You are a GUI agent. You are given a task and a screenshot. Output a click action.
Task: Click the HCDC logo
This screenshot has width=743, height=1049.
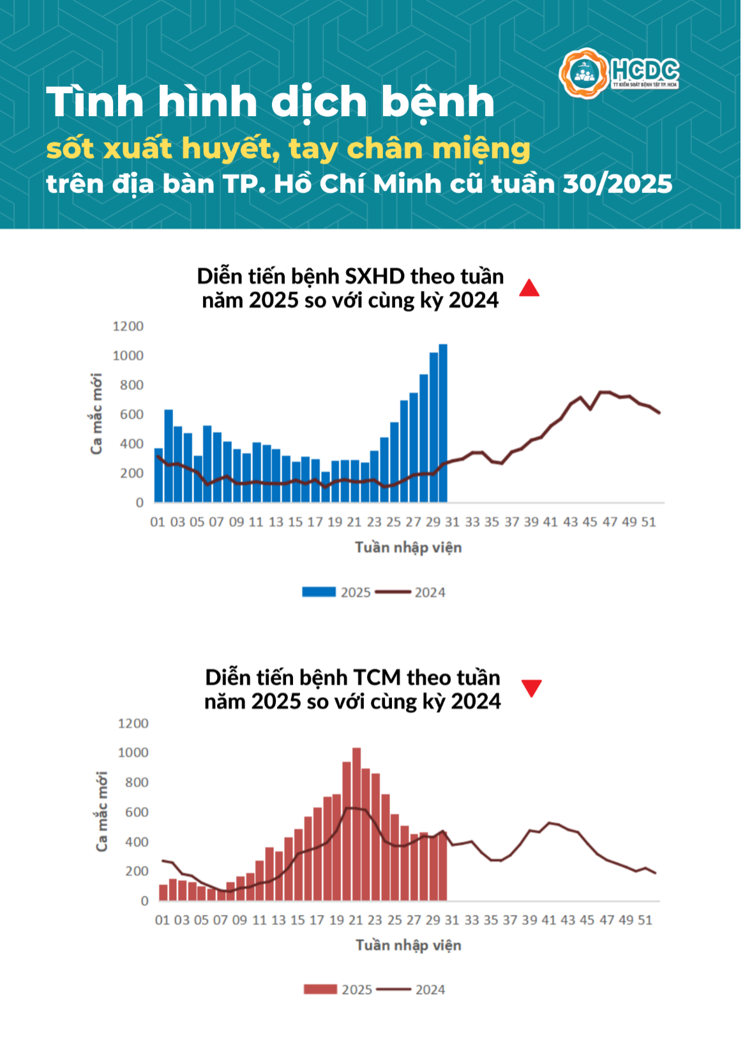[x=619, y=73]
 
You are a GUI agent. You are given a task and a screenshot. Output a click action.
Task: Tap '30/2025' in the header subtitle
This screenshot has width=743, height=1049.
[x=617, y=184]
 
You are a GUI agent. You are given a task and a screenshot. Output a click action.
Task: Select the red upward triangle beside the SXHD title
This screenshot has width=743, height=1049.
[x=529, y=289]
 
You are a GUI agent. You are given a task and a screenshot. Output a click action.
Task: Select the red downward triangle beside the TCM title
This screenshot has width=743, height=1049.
[x=531, y=688]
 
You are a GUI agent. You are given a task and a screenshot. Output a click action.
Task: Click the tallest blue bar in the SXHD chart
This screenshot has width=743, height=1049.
[x=443, y=423]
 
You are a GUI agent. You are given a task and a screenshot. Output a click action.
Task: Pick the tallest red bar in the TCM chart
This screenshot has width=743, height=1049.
[x=356, y=824]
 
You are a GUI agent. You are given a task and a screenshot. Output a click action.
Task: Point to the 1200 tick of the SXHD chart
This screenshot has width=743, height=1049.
[x=128, y=326]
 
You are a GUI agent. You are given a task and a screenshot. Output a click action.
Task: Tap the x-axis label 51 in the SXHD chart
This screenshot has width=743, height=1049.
[x=649, y=522]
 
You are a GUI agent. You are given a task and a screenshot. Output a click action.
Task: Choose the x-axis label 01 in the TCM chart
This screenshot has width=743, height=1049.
[x=162, y=920]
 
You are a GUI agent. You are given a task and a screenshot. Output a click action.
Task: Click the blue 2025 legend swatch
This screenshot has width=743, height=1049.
[x=319, y=592]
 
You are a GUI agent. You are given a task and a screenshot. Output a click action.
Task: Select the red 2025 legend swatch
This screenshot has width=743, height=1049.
[x=320, y=990]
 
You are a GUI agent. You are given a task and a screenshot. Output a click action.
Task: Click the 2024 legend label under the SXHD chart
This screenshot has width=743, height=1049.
[x=430, y=592]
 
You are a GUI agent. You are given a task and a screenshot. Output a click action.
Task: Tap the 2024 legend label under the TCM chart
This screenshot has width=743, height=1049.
[x=430, y=990]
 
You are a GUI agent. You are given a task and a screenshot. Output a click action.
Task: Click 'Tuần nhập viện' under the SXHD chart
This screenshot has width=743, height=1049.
[x=408, y=547]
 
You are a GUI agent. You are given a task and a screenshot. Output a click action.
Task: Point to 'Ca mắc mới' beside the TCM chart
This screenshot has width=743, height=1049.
[x=101, y=811]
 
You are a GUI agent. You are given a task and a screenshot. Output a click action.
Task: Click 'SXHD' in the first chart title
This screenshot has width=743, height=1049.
[x=375, y=276]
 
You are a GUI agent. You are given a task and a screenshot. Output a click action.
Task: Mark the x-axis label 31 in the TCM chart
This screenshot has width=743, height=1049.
[x=452, y=920]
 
